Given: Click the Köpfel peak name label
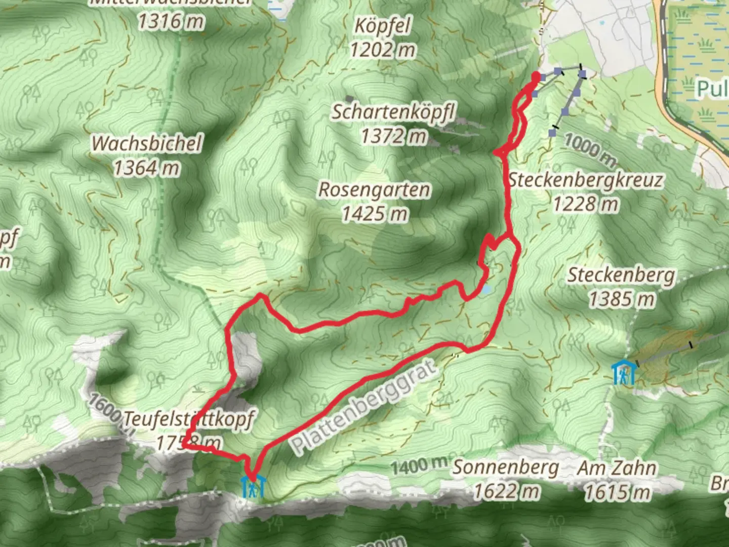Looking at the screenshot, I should pos(382,26).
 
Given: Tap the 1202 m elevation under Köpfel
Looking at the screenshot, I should pos(382,50).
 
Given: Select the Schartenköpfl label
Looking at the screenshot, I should pos(393,112).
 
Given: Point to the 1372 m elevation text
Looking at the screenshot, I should pos(393,136).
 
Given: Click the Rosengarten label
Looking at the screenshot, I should pos(375,190).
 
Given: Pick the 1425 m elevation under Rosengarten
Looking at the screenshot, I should pos(375,214).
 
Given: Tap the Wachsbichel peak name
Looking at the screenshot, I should pos(147,143).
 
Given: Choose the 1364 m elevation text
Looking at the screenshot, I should pos(147,168).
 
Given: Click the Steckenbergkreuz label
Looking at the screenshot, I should pos(586,180).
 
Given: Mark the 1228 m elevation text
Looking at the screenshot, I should pos(586,204).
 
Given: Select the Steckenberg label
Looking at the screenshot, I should pos(621,275).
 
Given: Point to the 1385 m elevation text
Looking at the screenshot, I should pos(621,299).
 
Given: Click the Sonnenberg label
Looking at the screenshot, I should pos(506,467).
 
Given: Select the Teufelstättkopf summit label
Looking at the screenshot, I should pos(188,419).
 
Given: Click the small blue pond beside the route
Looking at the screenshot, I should pos(486,290).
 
